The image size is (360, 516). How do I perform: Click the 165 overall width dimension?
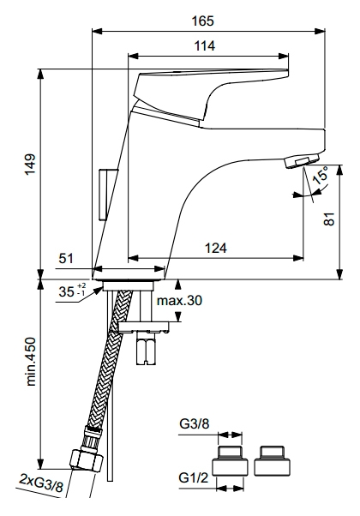click(202, 21)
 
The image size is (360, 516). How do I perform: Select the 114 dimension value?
click(204, 45)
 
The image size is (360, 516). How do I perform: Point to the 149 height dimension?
click(30, 165)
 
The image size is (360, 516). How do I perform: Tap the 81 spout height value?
click(329, 219)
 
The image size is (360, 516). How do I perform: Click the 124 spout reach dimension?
click(216, 248)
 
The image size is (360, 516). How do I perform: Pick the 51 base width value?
click(66, 258)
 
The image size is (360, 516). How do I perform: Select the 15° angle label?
click(320, 176)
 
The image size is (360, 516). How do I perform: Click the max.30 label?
click(179, 301)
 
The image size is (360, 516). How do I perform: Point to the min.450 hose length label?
click(31, 362)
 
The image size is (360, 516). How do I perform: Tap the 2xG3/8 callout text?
click(41, 483)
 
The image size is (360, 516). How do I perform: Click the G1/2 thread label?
click(194, 477)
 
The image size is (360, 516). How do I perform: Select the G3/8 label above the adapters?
click(195, 423)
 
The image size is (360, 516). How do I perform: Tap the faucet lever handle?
click(211, 96)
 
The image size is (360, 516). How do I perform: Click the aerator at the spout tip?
click(303, 161)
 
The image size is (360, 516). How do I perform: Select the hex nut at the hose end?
click(87, 460)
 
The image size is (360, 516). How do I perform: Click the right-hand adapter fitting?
click(272, 461)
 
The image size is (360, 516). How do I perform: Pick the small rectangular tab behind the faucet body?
click(106, 195)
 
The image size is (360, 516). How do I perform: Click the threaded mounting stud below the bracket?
click(146, 349)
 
